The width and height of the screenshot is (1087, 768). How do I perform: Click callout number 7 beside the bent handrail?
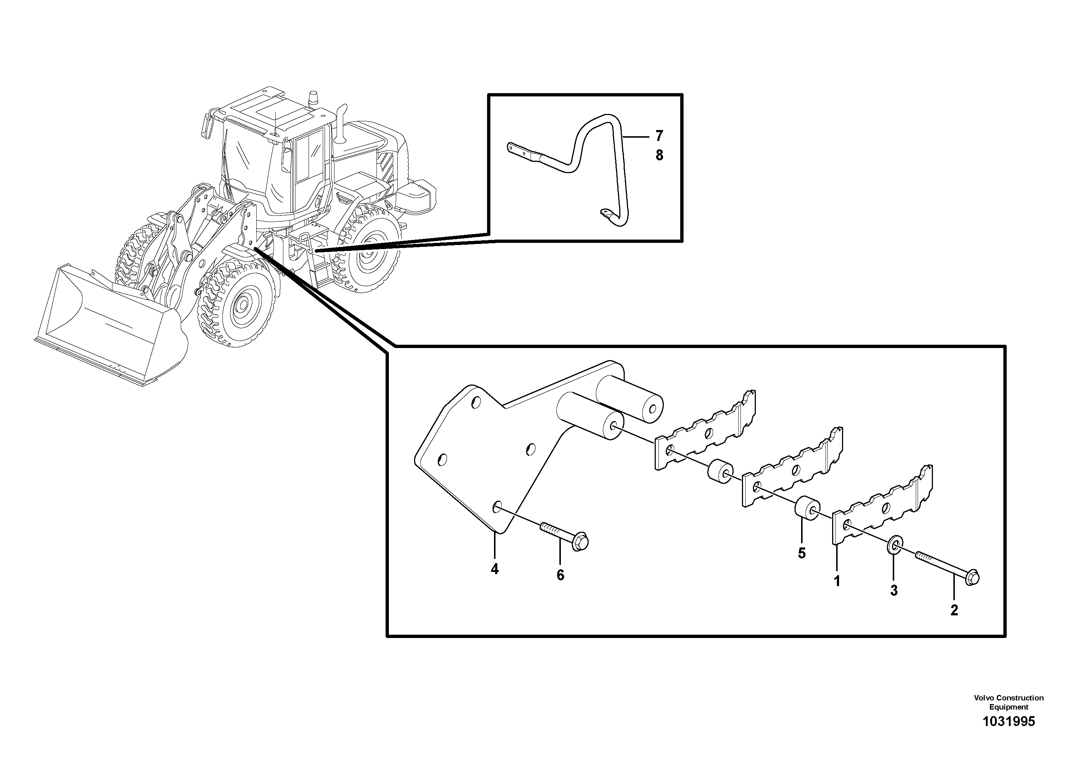click(659, 136)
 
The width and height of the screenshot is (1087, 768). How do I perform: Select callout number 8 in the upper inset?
click(659, 155)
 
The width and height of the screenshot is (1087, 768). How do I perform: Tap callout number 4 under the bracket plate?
click(494, 569)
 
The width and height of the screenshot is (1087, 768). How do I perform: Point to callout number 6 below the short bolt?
click(560, 575)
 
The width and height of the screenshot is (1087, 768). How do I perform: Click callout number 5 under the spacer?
click(801, 553)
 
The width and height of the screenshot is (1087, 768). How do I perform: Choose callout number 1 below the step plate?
click(837, 581)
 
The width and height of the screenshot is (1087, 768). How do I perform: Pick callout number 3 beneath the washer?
click(893, 591)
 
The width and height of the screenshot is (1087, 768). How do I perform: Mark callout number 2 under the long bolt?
click(954, 610)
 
